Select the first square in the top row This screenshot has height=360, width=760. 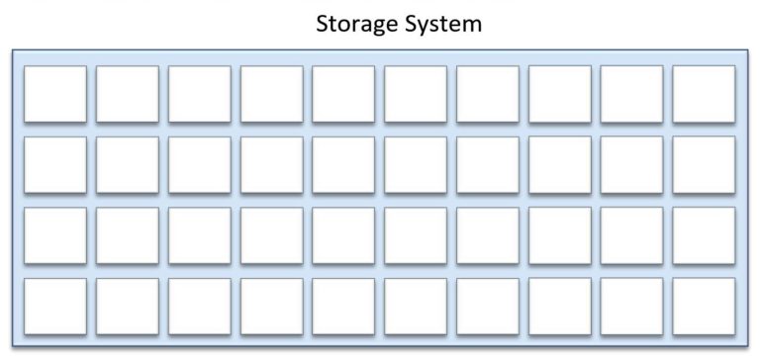54,94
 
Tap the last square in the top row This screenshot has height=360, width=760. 704,94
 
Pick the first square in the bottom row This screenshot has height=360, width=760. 54,307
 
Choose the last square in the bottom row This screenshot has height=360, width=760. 704,307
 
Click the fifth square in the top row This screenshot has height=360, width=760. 343,94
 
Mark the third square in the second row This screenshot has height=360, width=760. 199,164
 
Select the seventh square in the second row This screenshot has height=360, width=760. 488,164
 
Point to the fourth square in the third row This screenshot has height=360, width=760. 271,235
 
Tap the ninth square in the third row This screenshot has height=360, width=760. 631,235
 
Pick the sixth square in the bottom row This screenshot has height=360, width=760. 416,307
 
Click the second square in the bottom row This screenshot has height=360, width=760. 127,307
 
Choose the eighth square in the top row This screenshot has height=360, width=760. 560,94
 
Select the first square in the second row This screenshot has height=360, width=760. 54,164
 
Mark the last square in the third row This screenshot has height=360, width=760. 704,235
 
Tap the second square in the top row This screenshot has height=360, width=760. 127,94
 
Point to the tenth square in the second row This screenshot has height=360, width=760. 704,164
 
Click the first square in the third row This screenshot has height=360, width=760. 54,235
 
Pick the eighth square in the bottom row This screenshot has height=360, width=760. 560,307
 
